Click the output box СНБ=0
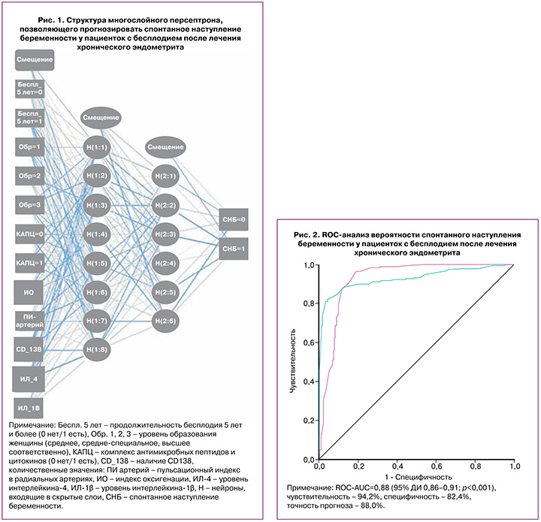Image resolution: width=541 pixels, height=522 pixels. [234, 219]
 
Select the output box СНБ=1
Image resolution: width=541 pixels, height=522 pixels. [234, 248]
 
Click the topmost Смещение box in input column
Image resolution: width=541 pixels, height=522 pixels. [33, 59]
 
